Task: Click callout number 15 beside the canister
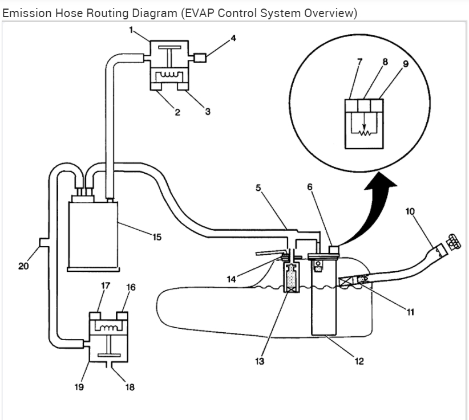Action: pyautogui.click(x=157, y=237)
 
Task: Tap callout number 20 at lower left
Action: pyautogui.click(x=23, y=266)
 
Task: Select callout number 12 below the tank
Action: pyautogui.click(x=359, y=361)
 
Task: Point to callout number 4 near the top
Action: pyautogui.click(x=233, y=38)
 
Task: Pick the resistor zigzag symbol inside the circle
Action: pyautogui.click(x=365, y=133)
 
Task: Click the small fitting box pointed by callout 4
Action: pyautogui.click(x=200, y=58)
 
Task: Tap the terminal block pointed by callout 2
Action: pyautogui.click(x=156, y=86)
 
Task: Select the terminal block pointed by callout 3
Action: pyautogui.click(x=183, y=86)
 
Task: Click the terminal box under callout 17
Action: pyautogui.click(x=95, y=316)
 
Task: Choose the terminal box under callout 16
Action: pyautogui.click(x=122, y=316)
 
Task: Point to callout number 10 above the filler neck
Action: pyautogui.click(x=410, y=211)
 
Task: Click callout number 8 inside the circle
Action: pyautogui.click(x=385, y=62)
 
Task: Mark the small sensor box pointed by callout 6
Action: pyautogui.click(x=334, y=250)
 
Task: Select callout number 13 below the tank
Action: pyautogui.click(x=260, y=361)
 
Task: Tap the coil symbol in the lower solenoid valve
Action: pyautogui.click(x=108, y=328)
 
